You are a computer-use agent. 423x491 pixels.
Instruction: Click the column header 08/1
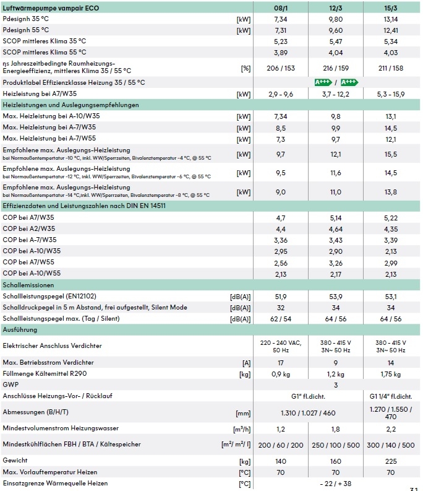pyautogui.click(x=280, y=7)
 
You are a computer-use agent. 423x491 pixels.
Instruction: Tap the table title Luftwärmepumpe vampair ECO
pyautogui.click(x=51, y=7)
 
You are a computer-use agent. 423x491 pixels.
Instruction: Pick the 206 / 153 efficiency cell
pyautogui.click(x=280, y=67)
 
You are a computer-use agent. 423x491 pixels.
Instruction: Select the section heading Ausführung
pyautogui.click(x=20, y=329)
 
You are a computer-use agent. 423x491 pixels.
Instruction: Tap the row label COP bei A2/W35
pyautogui.click(x=29, y=228)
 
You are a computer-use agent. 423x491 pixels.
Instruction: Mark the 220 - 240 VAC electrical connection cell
pyautogui.click(x=280, y=345)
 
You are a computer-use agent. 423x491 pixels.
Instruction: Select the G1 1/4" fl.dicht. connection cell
pyautogui.click(x=390, y=396)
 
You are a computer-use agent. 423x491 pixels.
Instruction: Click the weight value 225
pyautogui.click(x=390, y=461)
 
